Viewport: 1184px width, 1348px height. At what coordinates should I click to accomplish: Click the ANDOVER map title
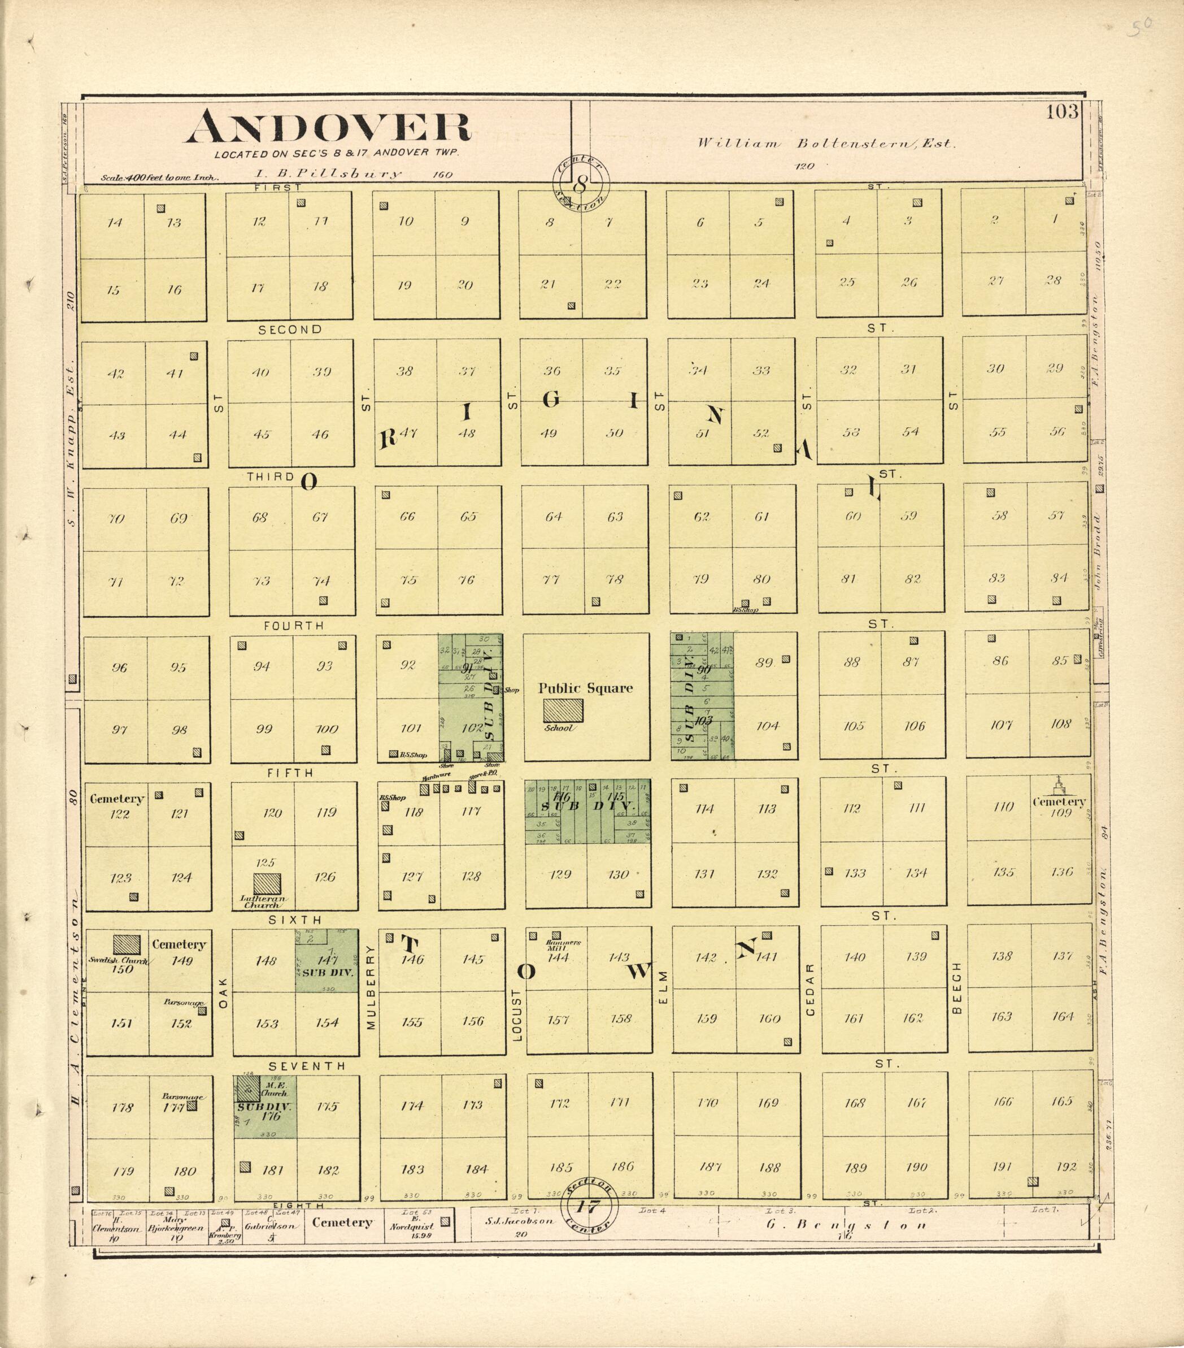pos(328,127)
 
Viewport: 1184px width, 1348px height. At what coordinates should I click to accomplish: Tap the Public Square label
pos(585,688)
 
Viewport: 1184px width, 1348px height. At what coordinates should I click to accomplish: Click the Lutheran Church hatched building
pos(267,885)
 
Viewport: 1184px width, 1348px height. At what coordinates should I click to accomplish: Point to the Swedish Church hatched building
pos(127,944)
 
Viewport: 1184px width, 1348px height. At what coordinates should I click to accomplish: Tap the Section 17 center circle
pos(588,1207)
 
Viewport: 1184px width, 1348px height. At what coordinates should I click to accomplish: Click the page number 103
pos(1061,111)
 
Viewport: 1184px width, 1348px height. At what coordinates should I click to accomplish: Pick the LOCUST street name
pos(517,1015)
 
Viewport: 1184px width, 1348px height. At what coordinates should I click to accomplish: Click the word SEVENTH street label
pos(307,1066)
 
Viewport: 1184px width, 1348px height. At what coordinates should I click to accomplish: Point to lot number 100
pos(327,729)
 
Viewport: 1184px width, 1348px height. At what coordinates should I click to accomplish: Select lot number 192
pos(1066,1166)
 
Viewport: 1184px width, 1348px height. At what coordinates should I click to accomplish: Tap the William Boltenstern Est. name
pos(826,143)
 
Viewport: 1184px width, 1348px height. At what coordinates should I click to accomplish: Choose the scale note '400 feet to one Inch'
pos(159,177)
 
